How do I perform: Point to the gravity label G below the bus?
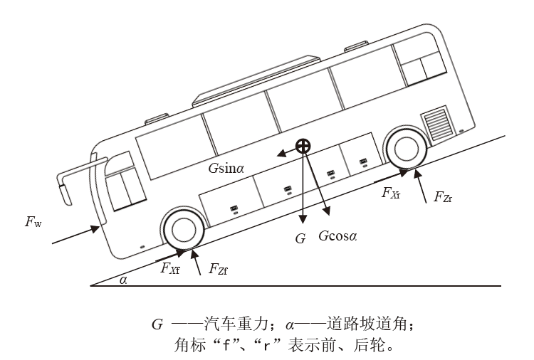point(300,238)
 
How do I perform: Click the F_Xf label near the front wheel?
point(169,268)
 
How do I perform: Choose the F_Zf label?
point(218,269)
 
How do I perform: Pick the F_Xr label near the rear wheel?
point(390,192)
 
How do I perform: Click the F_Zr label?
point(441,197)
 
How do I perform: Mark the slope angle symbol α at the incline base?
point(123,280)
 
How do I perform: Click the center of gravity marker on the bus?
point(303,147)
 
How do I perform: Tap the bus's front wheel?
point(184,229)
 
